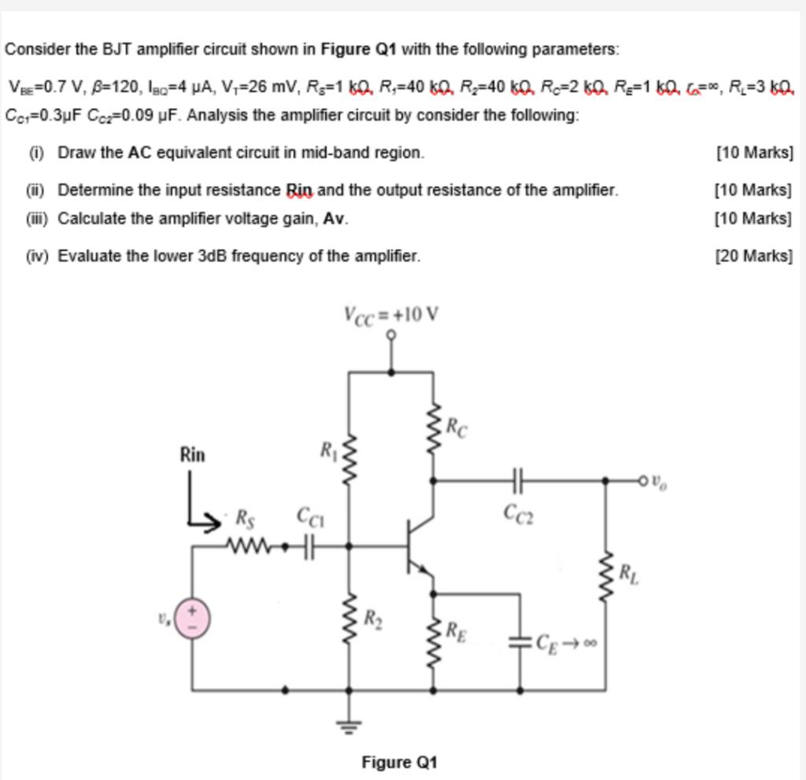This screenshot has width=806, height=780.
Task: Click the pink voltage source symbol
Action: pos(192,616)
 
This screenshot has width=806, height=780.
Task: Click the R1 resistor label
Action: pos(328,450)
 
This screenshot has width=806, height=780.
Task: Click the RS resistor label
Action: pos(246,517)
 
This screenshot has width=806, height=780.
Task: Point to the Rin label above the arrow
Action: pos(192,454)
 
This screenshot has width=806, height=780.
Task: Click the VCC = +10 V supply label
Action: pos(391,315)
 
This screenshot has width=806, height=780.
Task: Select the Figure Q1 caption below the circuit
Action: pos(399,762)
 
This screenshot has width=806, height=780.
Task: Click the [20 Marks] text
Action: pos(753,256)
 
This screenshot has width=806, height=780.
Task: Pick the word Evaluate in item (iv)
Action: pos(86,256)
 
